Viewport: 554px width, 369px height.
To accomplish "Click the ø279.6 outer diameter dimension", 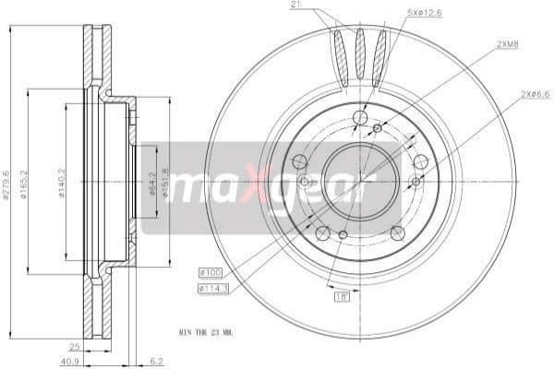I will [6, 183].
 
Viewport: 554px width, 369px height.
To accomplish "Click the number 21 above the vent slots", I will [296, 6].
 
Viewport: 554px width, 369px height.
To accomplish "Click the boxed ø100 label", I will [210, 272].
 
